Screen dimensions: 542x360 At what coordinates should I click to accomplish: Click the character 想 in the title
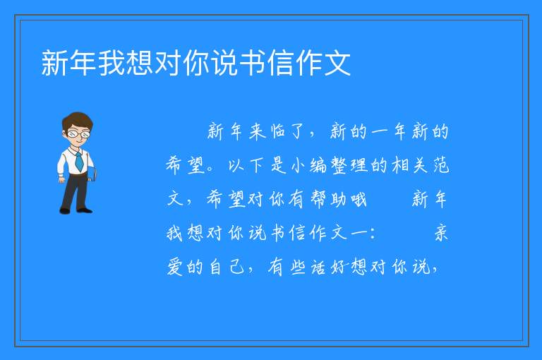point(140,63)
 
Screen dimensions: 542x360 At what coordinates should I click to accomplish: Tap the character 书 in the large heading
point(253,63)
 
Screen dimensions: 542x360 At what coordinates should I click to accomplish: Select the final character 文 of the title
point(337,63)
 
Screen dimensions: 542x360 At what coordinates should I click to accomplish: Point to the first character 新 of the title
point(55,63)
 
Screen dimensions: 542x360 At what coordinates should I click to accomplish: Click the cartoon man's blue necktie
point(80,161)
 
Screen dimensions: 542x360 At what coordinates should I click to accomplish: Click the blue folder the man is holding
point(92,174)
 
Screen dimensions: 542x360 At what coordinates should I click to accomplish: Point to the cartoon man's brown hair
point(78,120)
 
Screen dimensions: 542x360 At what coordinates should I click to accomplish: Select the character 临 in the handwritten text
point(278,131)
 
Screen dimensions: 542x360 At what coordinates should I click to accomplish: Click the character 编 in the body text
point(318,165)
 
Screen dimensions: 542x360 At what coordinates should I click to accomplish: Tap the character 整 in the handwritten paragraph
point(339,165)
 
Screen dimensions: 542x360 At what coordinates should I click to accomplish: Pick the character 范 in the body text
point(441,165)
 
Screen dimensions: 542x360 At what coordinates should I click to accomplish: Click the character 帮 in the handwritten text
point(318,199)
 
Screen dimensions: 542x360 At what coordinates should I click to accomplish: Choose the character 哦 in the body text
point(359,199)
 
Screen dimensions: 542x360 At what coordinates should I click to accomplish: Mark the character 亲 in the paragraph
point(441,232)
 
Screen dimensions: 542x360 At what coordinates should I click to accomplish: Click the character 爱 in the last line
point(175,267)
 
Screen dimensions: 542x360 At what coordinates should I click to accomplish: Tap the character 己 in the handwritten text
point(237,267)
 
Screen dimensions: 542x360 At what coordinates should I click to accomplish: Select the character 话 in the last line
point(318,267)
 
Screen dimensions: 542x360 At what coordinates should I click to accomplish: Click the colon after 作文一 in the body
point(373,234)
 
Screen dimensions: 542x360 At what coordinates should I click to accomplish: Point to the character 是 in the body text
point(278,165)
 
